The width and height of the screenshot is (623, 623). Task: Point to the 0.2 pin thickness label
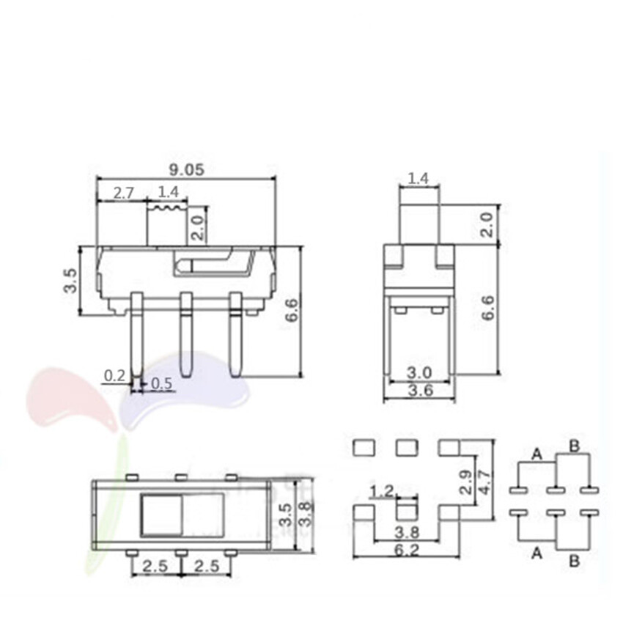click(x=114, y=375)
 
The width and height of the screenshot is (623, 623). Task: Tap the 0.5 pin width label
click(x=161, y=383)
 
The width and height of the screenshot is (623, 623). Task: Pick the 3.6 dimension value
click(x=419, y=391)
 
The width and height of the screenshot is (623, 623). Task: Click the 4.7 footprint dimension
click(x=483, y=482)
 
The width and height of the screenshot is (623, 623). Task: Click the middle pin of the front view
click(x=185, y=334)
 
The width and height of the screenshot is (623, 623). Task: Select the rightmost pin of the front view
click(x=235, y=334)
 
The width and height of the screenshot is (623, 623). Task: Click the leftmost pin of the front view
click(x=136, y=337)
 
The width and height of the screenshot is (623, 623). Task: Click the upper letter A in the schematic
click(x=537, y=455)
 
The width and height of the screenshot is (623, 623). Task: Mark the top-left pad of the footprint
click(x=362, y=446)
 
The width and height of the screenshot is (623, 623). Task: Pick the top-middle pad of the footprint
click(x=405, y=446)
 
